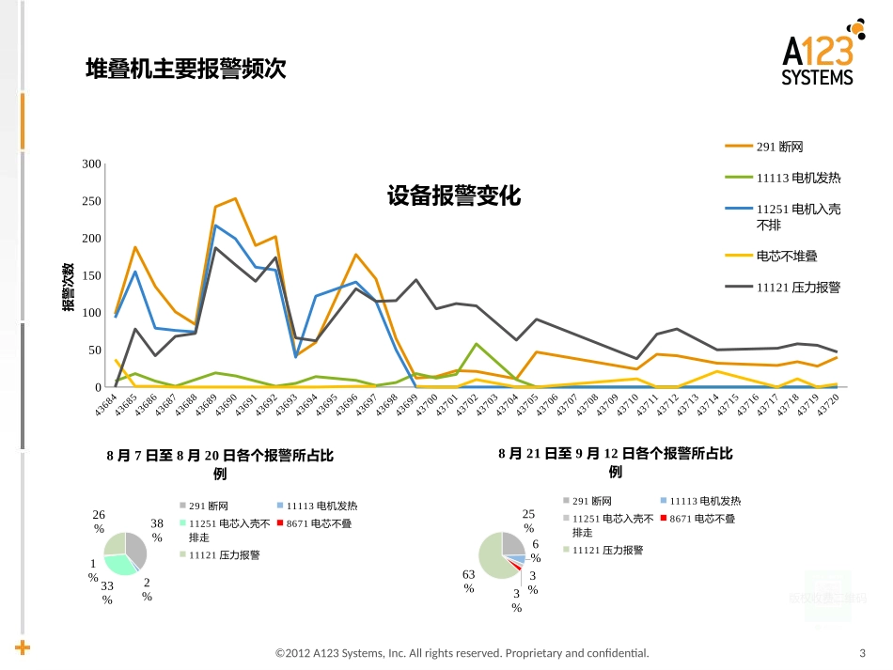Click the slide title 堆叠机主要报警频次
(185, 69)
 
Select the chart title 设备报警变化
(453, 196)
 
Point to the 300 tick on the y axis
(91, 164)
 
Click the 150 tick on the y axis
(91, 276)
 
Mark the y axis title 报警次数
(70, 287)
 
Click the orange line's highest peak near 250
(235, 198)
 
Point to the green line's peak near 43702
(477, 344)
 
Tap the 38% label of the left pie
(157, 530)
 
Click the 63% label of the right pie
(468, 581)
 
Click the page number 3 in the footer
(862, 653)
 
